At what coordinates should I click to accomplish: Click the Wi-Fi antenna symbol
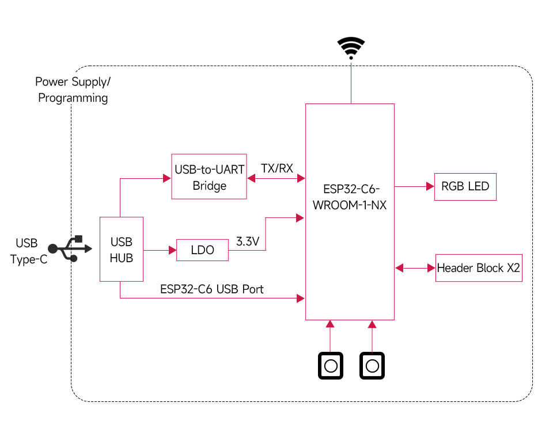(351, 48)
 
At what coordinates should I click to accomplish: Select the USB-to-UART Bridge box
(209, 177)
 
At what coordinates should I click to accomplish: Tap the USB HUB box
(122, 250)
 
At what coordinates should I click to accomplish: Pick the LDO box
(202, 250)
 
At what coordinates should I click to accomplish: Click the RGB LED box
(465, 186)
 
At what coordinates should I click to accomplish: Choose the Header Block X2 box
(479, 268)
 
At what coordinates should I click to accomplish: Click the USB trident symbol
(70, 248)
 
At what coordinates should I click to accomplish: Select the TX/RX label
(277, 168)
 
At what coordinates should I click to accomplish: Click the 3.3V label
(248, 242)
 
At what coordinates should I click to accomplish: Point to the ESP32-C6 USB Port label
(211, 289)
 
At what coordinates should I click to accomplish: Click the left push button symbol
(331, 366)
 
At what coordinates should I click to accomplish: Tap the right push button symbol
(372, 366)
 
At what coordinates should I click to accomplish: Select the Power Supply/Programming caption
(72, 90)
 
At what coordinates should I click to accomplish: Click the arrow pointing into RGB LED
(414, 186)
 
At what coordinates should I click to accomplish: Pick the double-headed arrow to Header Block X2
(415, 268)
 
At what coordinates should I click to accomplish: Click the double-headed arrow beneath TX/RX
(276, 179)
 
